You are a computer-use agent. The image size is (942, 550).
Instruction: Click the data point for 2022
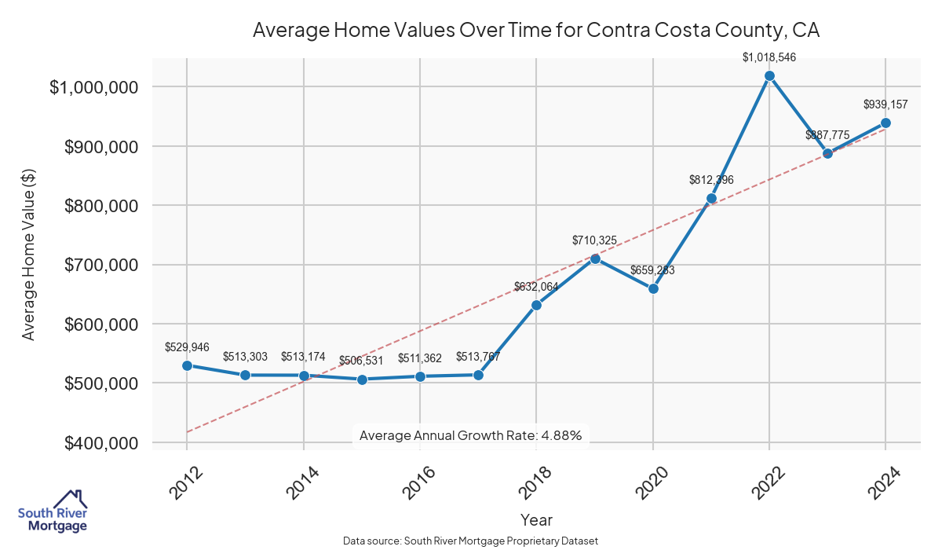pos(769,76)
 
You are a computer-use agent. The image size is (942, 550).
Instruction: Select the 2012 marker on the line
pos(187,365)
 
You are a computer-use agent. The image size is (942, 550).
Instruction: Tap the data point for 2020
pos(653,288)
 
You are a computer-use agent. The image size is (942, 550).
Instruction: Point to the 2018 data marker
pos(536,305)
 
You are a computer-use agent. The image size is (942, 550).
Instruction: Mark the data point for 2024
pos(885,123)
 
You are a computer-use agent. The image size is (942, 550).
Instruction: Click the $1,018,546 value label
pos(769,57)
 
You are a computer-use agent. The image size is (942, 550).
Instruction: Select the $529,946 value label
pos(187,346)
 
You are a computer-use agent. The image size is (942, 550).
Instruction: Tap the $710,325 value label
pos(595,240)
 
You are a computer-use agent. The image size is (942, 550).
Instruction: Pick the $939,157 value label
pos(885,104)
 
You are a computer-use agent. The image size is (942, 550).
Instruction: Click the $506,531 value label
pos(362,361)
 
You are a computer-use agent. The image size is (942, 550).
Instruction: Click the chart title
pos(536,31)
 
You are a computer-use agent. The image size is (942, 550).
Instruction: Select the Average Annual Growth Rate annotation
pos(470,435)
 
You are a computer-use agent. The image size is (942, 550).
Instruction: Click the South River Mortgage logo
pos(53,511)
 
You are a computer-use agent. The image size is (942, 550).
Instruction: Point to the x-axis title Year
pos(536,520)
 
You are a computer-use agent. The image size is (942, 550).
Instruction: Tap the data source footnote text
pos(471,541)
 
